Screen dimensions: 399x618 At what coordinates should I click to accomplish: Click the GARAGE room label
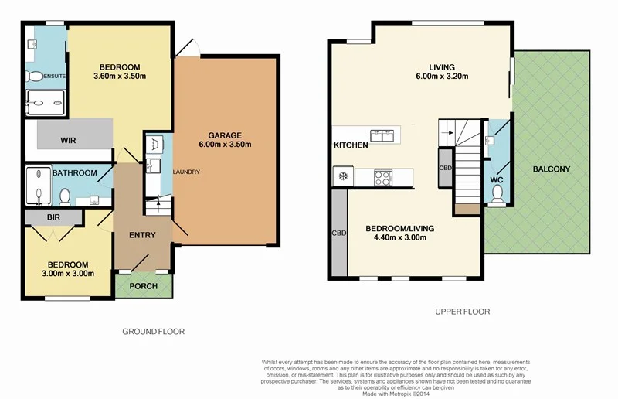[x=225, y=135]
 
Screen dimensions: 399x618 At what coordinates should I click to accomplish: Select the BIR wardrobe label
[x=53, y=218]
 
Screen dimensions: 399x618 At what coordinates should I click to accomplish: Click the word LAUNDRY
[x=187, y=172]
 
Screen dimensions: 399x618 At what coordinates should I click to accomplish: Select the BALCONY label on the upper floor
[x=551, y=169]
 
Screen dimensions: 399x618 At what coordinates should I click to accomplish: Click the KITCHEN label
[x=350, y=145]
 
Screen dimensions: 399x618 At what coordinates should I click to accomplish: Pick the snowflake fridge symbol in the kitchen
[x=341, y=176]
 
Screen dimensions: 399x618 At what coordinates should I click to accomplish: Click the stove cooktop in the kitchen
[x=382, y=176]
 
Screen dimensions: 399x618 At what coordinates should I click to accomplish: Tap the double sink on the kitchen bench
[x=382, y=135]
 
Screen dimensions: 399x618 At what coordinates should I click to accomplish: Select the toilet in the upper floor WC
[x=494, y=195]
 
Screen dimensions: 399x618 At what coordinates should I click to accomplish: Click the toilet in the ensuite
[x=35, y=77]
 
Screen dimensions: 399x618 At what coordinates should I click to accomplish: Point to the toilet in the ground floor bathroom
[x=65, y=196]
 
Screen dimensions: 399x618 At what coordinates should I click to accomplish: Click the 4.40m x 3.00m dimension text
[x=400, y=238]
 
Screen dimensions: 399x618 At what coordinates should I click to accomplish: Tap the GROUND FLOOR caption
[x=154, y=331]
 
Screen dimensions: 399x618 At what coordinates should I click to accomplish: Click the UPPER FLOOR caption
[x=463, y=312]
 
